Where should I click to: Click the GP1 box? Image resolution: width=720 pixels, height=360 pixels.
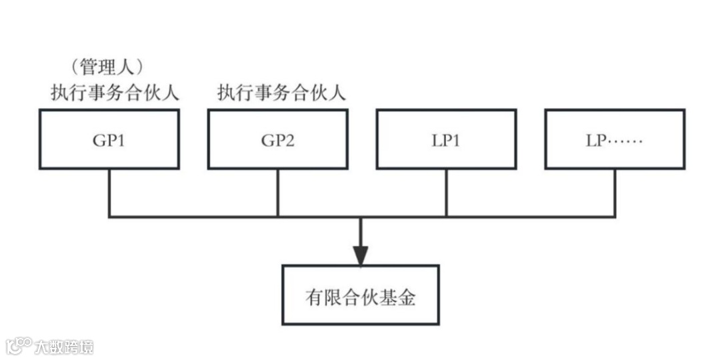tap(109, 139)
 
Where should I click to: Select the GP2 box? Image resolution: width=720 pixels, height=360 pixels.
tap(277, 139)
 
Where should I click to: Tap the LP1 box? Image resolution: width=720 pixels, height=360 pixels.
tap(446, 139)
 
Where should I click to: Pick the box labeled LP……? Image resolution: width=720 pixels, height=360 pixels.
tap(615, 139)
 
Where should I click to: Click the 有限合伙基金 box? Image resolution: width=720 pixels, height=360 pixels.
tap(360, 295)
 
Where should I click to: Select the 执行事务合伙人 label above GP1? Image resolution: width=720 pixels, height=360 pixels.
tap(115, 93)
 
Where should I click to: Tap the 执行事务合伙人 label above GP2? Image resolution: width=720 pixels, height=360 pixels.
tap(281, 93)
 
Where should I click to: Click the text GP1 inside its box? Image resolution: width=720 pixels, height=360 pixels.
tap(109, 141)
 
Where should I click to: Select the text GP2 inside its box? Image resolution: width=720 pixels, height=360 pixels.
tap(277, 141)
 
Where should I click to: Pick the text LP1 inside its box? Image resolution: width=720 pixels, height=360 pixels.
tap(446, 141)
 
